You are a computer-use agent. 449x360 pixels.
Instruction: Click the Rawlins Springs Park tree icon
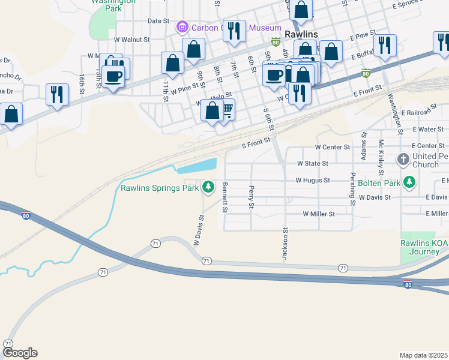(x=208, y=188)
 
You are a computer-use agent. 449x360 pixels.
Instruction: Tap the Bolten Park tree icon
(x=409, y=182)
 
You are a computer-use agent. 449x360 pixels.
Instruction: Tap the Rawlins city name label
(x=301, y=34)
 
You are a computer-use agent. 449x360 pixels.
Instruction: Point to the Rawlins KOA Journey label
(x=421, y=247)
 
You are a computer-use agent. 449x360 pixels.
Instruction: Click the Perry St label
(x=250, y=197)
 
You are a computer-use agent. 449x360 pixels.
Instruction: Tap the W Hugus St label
(x=312, y=180)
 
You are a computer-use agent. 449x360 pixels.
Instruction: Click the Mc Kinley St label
(x=381, y=154)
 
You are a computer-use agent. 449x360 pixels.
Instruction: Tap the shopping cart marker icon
(x=227, y=109)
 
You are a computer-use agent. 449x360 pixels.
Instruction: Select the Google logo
(x=20, y=353)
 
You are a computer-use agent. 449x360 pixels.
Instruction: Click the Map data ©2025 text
(x=423, y=355)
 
